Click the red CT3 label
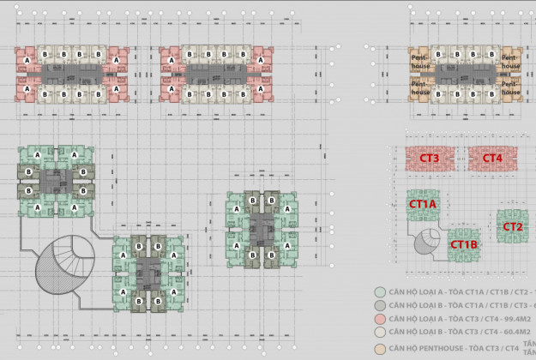[x=430, y=159]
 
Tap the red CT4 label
[x=491, y=159]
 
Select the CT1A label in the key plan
[x=423, y=204]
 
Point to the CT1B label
[x=463, y=244]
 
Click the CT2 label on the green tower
[x=513, y=227]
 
